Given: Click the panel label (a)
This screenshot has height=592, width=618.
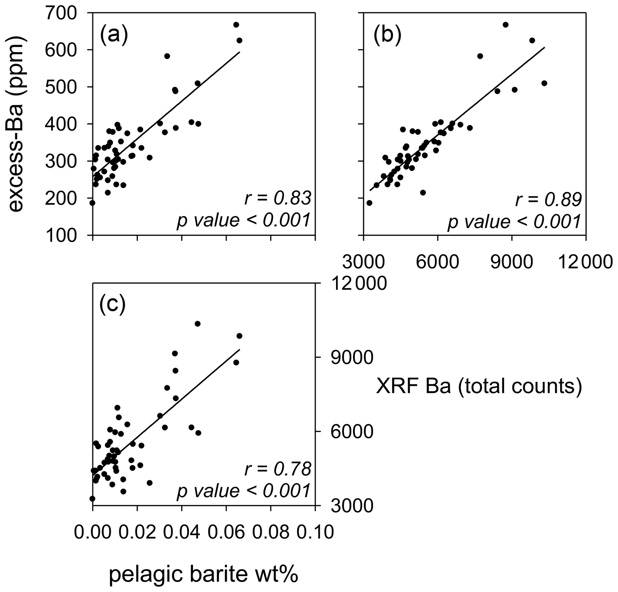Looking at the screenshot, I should (114, 35).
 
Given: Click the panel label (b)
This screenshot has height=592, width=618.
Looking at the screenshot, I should (387, 35).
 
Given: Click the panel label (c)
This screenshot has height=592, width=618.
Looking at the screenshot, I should (112, 306).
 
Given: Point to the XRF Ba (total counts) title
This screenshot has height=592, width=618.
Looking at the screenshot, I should (479, 387).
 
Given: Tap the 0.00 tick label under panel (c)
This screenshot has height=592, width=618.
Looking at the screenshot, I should (93, 532).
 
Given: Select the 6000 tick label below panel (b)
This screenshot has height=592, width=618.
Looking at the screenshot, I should (437, 263).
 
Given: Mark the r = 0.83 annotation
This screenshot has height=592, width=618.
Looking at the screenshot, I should (278, 199).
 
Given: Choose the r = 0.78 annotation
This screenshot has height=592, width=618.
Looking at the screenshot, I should (278, 470).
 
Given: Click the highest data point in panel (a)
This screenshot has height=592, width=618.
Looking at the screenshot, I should (236, 24).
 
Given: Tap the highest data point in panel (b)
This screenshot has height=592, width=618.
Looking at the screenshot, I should (506, 24).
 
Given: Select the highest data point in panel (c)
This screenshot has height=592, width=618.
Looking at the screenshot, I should (198, 323).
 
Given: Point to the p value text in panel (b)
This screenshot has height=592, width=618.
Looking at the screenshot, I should (514, 222).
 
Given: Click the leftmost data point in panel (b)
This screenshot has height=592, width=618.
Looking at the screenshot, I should (369, 203).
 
